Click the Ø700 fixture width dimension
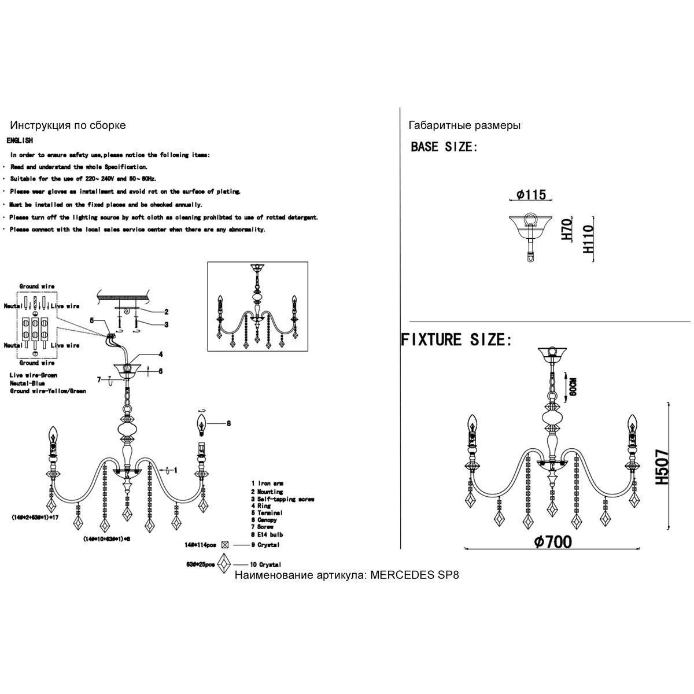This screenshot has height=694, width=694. pos(553,541)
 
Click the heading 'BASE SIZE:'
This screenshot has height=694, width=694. pos(444,147)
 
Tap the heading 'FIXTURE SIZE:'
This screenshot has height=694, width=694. pos(457,339)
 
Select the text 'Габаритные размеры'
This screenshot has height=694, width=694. pos(464,125)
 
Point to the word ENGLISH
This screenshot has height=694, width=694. pos(20,141)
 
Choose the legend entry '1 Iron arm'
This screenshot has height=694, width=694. pos(267,483)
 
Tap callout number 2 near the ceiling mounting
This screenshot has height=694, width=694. pos(166,312)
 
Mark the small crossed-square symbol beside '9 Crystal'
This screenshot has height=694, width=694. pos(226,545)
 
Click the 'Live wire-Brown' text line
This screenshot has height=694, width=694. pos(34,375)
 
